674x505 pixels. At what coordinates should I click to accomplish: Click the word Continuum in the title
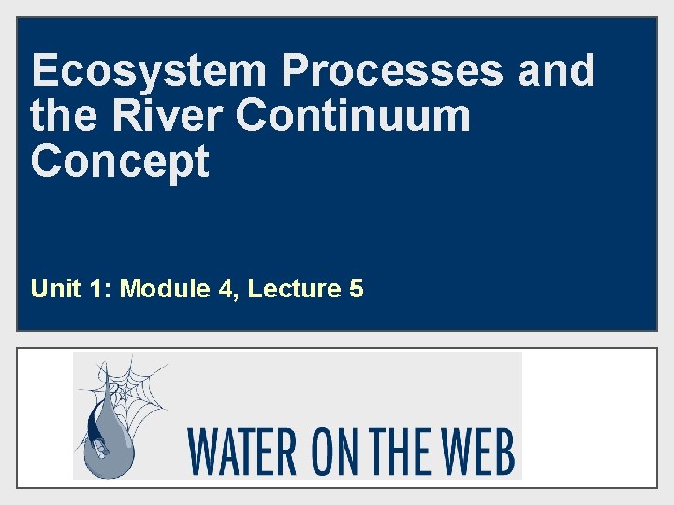(x=353, y=116)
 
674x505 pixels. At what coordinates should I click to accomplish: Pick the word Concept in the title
(x=120, y=161)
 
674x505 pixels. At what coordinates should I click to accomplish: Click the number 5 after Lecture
(x=356, y=289)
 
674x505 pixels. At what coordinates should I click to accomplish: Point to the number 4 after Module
(x=227, y=289)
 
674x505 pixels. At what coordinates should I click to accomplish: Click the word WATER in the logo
(x=242, y=452)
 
